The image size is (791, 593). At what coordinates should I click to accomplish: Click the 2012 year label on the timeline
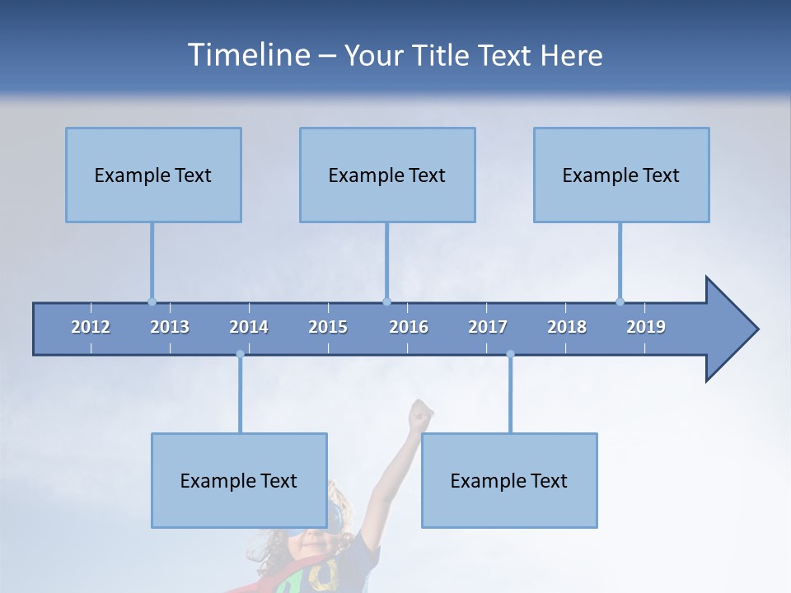point(91,327)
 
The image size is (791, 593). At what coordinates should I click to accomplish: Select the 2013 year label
point(170,327)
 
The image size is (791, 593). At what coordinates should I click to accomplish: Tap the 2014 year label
point(249,327)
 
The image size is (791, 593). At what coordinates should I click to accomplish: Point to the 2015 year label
point(328,327)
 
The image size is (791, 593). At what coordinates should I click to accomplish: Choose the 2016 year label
point(409,327)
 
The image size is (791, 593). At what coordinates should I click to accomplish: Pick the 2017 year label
point(488,327)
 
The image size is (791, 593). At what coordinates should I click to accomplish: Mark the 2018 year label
point(567,327)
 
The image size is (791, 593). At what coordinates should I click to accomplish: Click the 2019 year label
point(646,327)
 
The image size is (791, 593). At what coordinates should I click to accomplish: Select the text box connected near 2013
point(153,175)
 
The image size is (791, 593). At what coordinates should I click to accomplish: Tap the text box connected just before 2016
point(387,175)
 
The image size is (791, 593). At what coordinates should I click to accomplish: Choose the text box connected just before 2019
point(621,175)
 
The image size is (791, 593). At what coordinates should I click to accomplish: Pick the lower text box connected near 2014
point(239,480)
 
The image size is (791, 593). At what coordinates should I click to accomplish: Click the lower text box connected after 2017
point(509,480)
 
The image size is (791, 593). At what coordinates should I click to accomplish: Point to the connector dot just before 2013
point(152,301)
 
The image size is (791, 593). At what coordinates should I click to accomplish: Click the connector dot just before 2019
point(620,301)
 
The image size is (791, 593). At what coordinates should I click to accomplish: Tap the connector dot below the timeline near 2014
point(240,354)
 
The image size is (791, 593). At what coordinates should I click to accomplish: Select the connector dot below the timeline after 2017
point(510,354)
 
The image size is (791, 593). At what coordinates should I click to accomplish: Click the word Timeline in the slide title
point(247,55)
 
